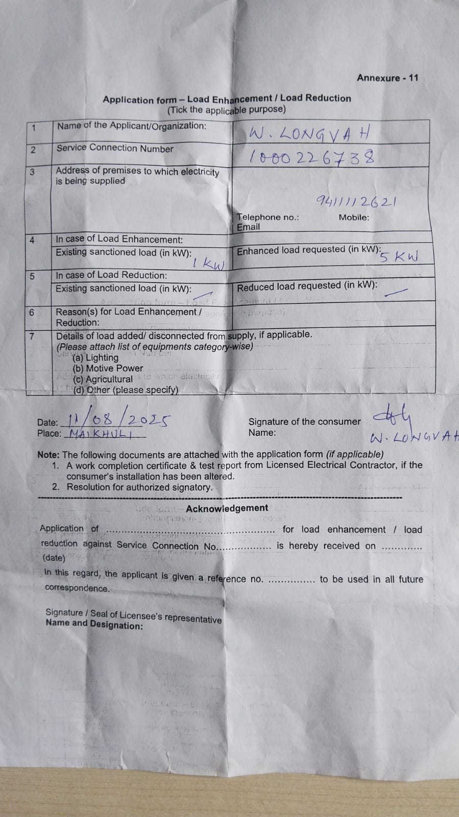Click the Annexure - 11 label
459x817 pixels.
pyautogui.click(x=388, y=78)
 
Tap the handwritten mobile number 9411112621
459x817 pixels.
pyautogui.click(x=356, y=201)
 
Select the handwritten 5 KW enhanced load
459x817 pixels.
pyautogui.click(x=399, y=256)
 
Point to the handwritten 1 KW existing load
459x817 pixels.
pyautogui.click(x=208, y=264)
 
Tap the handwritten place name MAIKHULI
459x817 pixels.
pyautogui.click(x=101, y=434)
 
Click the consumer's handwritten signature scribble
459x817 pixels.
pyautogui.click(x=392, y=417)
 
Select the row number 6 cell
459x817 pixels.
pyautogui.click(x=32, y=312)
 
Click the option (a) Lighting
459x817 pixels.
pyautogui.click(x=95, y=358)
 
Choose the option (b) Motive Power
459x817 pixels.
pyautogui.click(x=108, y=368)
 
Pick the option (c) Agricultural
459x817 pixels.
pyautogui.click(x=103, y=379)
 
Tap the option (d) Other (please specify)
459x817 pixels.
pyautogui.click(x=126, y=390)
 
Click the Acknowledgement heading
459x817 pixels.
pyautogui.click(x=227, y=508)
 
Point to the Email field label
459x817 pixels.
pyautogui.click(x=248, y=227)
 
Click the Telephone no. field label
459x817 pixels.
pyautogui.click(x=268, y=217)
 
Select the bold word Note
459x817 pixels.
pyautogui.click(x=48, y=455)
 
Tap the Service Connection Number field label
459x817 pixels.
pyautogui.click(x=115, y=148)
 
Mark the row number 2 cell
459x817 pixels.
pyautogui.click(x=33, y=150)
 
